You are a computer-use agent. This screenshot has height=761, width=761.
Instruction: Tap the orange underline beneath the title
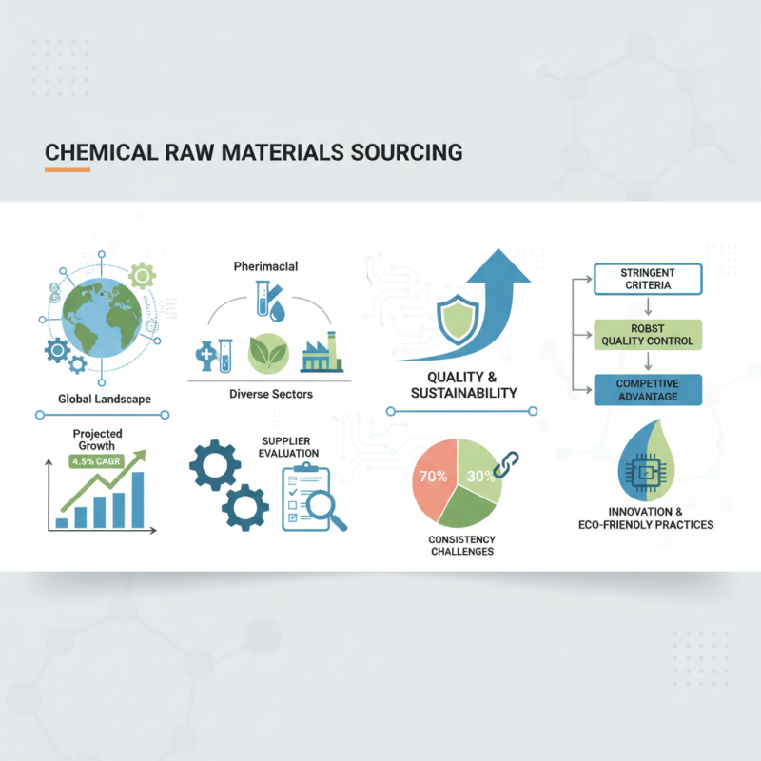(x=68, y=170)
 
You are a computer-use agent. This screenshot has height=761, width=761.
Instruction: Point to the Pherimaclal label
(x=265, y=267)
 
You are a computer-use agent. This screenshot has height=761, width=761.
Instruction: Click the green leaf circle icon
(x=267, y=353)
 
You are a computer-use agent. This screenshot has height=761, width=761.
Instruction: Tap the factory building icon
(x=321, y=350)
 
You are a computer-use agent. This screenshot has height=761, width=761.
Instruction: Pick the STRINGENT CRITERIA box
(x=647, y=279)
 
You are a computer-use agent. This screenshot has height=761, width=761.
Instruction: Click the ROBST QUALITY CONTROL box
(x=647, y=335)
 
